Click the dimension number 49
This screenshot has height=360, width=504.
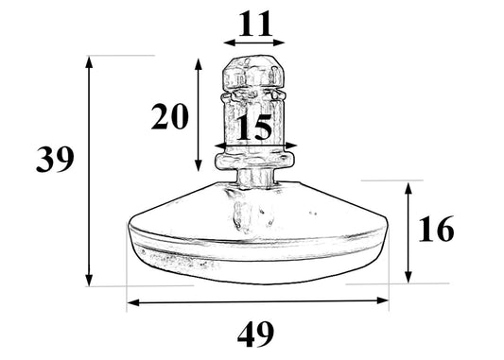tap(255, 334)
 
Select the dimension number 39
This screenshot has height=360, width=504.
tap(55, 160)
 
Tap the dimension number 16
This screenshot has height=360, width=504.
tap(435, 230)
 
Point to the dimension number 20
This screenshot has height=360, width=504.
tap(170, 116)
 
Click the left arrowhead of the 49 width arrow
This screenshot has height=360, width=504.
tap(130, 302)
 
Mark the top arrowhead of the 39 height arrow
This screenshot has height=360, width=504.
tap(90, 60)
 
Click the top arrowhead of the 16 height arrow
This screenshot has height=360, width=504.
tap(408, 186)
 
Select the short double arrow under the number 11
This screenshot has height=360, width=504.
tap(254, 42)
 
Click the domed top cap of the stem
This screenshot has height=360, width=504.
tap(253, 70)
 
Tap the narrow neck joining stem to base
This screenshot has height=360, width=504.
tap(253, 179)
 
